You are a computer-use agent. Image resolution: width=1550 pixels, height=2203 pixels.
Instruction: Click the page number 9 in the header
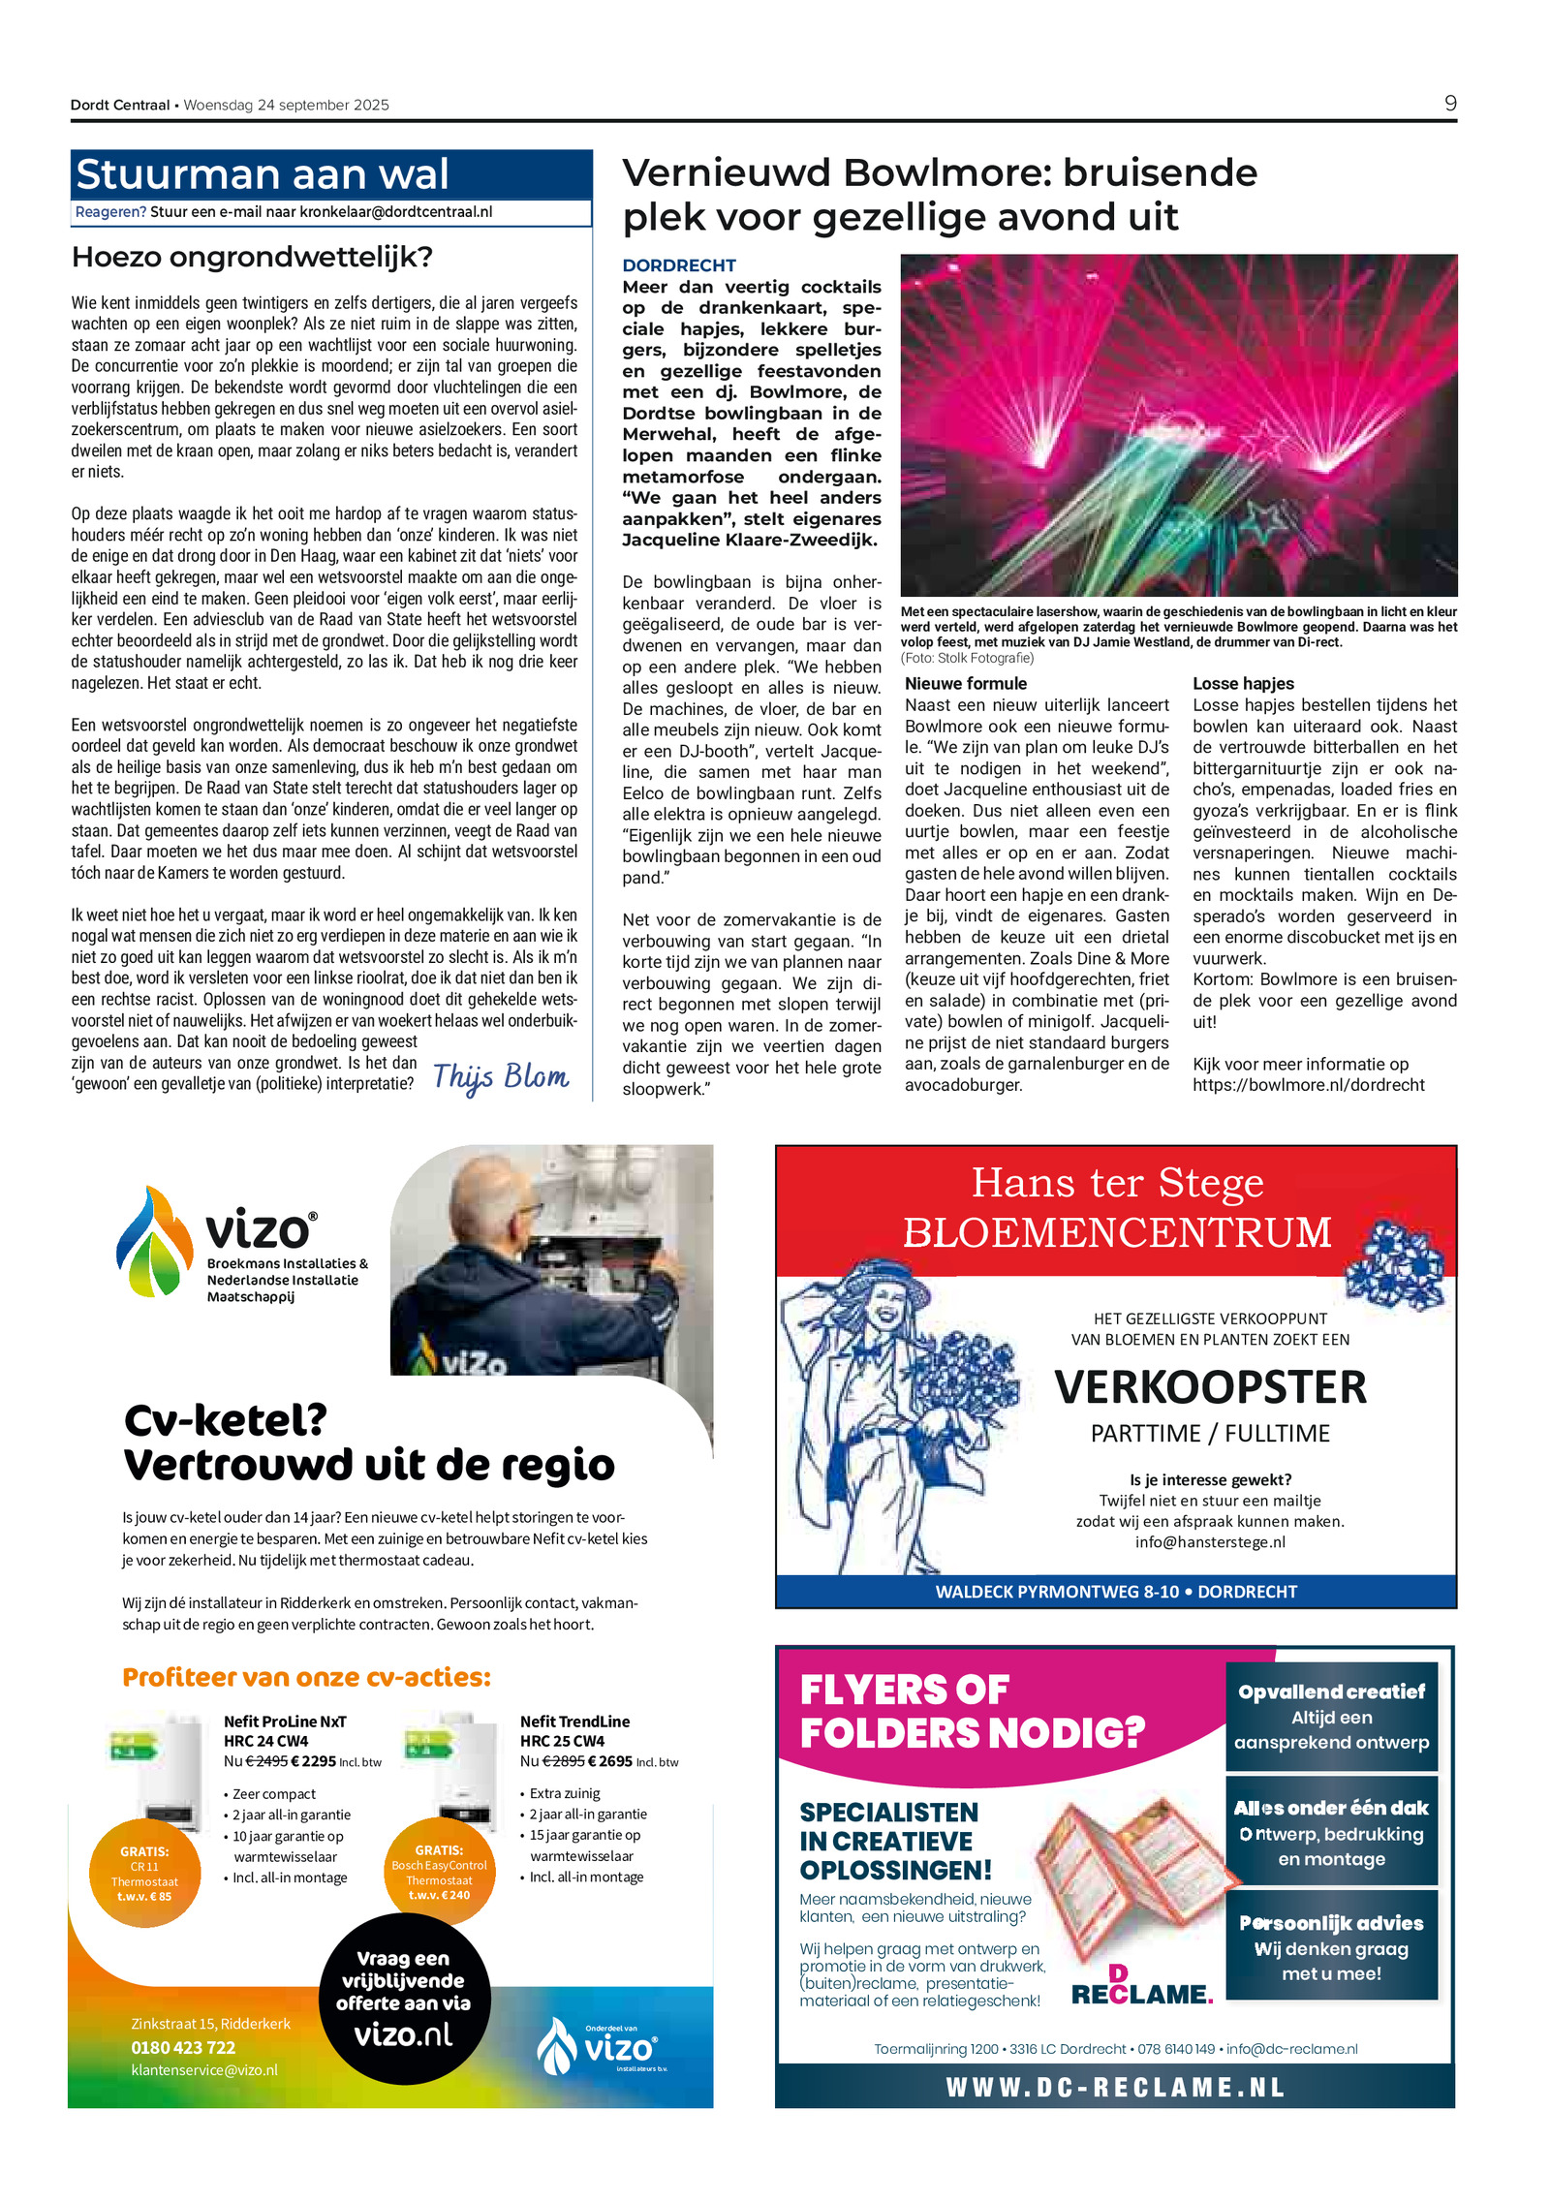[x=1449, y=104]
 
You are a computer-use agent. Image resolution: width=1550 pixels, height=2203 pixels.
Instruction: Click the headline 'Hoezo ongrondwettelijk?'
[x=252, y=258]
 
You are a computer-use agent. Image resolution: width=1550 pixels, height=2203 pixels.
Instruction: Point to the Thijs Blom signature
[x=500, y=1076]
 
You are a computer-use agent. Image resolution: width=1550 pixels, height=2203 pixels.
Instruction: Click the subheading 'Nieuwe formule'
[x=965, y=683]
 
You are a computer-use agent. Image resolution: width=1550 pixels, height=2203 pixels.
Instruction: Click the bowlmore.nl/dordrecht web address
[x=1308, y=1085]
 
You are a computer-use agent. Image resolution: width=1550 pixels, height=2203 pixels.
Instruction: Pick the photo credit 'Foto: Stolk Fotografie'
[x=967, y=658]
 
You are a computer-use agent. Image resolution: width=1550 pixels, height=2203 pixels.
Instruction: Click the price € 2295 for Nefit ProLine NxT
[x=313, y=1761]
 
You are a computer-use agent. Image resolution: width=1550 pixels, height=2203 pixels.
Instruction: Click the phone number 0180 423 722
[x=183, y=2047]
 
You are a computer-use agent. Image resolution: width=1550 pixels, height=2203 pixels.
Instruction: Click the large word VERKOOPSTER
[x=1210, y=1387]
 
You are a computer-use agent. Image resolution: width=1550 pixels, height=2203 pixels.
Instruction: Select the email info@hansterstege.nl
[x=1210, y=1542]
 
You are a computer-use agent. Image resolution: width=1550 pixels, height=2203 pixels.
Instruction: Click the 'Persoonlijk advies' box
[x=1331, y=1947]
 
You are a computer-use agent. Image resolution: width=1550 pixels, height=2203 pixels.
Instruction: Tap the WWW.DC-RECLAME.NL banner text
[x=1115, y=2087]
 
